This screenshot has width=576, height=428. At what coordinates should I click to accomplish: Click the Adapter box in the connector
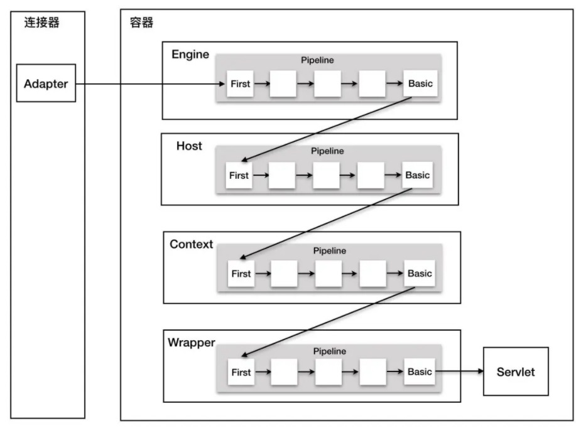pos(46,83)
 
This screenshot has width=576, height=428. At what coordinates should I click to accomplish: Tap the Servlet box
pos(516,371)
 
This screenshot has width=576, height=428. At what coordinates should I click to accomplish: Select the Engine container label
pos(190,55)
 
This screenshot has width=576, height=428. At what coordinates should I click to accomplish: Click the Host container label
pos(189,146)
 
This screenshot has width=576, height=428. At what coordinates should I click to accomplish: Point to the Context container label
pos(192,244)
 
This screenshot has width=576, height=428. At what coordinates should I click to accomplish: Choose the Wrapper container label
pos(192,343)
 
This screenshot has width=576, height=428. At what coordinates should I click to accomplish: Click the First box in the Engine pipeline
pos(240,83)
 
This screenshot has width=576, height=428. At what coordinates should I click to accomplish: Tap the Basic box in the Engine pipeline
pos(421,83)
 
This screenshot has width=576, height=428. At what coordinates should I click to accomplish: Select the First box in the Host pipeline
pos(239,175)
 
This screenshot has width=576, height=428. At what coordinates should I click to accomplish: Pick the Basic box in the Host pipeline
pos(418,174)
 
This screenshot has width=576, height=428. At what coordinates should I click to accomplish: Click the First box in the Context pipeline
pos(241,274)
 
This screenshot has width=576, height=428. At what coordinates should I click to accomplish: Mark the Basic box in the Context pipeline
pos(420,273)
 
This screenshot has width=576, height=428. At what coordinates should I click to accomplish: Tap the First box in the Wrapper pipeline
pos(241,372)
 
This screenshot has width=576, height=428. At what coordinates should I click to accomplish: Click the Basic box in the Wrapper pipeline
pos(420,372)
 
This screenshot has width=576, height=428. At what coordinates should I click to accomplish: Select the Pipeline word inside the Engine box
pos(317,60)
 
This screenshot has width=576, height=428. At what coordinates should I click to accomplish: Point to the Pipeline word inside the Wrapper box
pos(330,351)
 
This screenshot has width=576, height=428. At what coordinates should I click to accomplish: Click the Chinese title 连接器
pos(41,23)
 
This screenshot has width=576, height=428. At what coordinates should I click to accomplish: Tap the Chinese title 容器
pos(141,23)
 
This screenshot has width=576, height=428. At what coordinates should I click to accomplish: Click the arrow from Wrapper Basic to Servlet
pos(459,371)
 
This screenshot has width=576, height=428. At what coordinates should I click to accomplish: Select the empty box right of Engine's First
pos(283,83)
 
